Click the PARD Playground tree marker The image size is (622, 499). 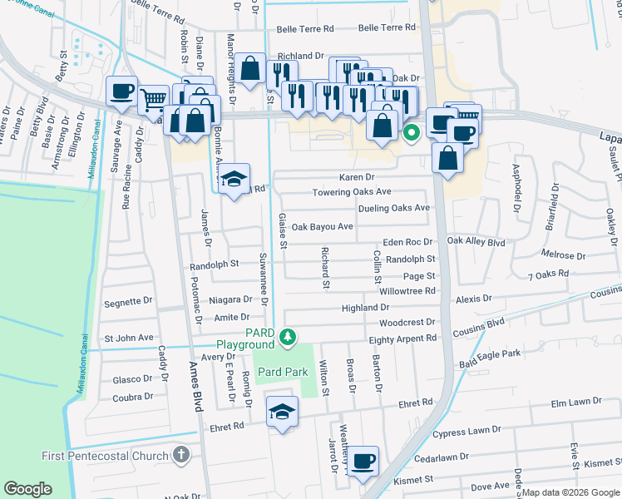(287, 337)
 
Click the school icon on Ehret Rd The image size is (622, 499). (282, 412)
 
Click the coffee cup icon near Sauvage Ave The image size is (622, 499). (121, 91)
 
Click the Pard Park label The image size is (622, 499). (282, 371)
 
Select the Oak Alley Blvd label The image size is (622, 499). (476, 241)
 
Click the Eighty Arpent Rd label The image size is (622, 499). (402, 338)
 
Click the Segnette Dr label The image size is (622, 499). (129, 304)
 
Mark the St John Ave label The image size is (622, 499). (128, 338)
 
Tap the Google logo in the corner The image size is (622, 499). (27, 488)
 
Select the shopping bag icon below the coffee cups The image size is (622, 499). (447, 160)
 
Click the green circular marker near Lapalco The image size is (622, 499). (411, 131)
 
